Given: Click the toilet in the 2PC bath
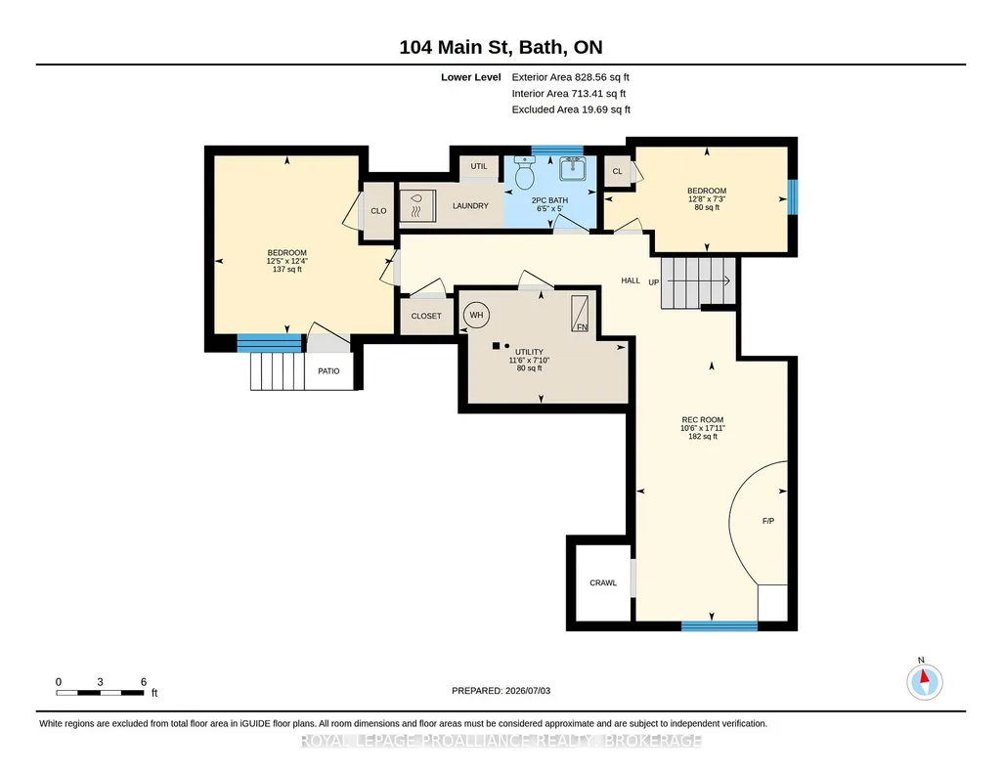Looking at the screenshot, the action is point(524,173).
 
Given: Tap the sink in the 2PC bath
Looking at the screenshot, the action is point(573,169).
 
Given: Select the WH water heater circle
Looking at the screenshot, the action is point(476,315).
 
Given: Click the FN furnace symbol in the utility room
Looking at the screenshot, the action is point(580,314).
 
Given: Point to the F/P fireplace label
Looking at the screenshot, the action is point(768,521).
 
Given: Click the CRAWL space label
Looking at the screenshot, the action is point(602,583).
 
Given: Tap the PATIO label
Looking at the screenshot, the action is point(328,371).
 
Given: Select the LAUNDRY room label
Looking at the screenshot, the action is point(470,205).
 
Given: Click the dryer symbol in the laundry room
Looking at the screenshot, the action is point(417,205).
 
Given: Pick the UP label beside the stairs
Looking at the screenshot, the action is point(654,282).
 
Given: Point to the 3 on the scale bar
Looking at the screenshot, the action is point(101,682).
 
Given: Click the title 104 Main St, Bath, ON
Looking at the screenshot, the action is point(501,47).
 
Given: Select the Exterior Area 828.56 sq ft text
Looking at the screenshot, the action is point(571,77).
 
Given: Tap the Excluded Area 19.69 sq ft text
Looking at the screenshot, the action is point(571,109).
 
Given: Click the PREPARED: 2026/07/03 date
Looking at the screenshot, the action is point(501,690).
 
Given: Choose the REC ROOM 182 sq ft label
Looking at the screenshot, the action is point(703,428).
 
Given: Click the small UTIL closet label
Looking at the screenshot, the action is point(479,166).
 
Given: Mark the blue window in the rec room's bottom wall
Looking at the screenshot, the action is point(719,625).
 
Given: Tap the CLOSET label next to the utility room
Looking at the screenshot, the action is point(426,316).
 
